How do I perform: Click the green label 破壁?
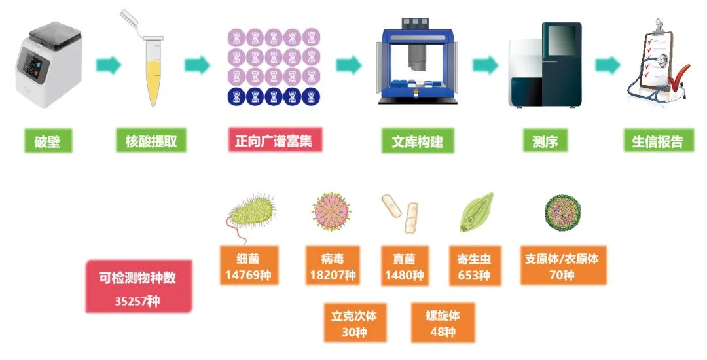coord(48,141)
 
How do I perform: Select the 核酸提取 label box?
coord(151,141)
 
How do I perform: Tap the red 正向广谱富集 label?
coord(275,139)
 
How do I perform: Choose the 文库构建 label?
coord(418,141)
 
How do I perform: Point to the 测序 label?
coord(545,141)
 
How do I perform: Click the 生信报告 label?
coord(659,141)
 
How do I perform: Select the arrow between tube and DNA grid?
coord(198,65)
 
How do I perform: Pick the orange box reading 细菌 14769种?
coord(249,265)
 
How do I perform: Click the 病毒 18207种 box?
coord(333,265)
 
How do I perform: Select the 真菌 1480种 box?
coord(405,266)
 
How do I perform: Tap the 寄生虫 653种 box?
coord(475,266)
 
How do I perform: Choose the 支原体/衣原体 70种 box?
coord(563,265)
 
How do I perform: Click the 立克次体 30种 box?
coord(355,323)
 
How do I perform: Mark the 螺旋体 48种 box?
coord(443,323)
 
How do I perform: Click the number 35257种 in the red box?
coord(137,300)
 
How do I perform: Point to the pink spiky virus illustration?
coord(331,211)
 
